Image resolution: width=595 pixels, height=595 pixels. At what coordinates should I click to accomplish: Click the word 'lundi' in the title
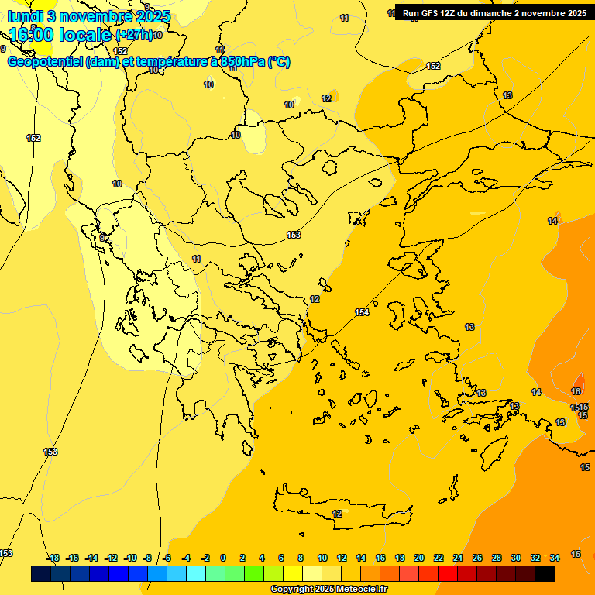click(x=24, y=16)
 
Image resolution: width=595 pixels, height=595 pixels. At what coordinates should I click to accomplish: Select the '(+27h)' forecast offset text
click(x=133, y=35)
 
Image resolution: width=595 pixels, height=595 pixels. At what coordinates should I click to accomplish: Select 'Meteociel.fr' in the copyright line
click(x=356, y=590)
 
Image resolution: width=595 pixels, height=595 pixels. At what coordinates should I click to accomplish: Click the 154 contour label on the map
click(x=362, y=312)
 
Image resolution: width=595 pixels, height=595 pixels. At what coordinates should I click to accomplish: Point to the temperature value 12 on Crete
click(x=337, y=514)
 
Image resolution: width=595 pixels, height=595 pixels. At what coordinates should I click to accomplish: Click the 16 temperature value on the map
click(x=576, y=392)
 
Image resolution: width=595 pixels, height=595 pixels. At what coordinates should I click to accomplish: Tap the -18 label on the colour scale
click(x=53, y=558)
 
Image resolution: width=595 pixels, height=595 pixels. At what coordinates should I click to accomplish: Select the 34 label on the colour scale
click(x=555, y=558)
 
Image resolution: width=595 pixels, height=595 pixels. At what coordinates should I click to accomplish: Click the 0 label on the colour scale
click(x=223, y=558)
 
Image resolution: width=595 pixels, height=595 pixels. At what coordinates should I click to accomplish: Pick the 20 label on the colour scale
click(x=419, y=558)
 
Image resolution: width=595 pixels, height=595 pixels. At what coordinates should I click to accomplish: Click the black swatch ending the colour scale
click(x=545, y=574)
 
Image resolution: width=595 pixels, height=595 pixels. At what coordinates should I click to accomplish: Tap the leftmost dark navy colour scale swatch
click(x=41, y=574)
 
